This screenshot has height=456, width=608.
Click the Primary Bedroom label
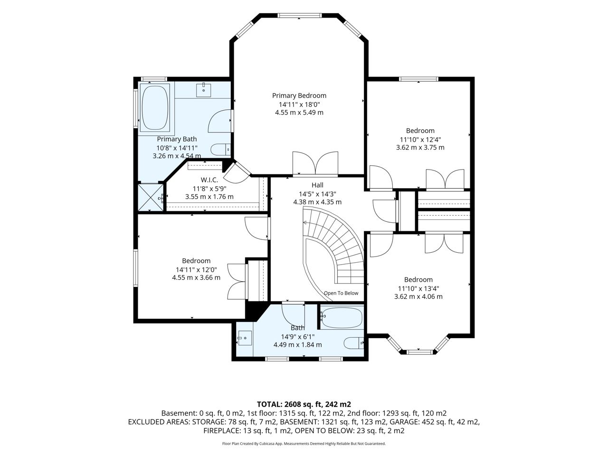pyautogui.click(x=299, y=95)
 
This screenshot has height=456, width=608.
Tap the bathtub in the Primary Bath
pyautogui.click(x=155, y=107)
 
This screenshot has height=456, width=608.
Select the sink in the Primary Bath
pyautogui.click(x=204, y=89)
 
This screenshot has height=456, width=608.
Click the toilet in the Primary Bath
pyautogui.click(x=220, y=150)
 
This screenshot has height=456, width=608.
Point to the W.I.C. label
pyautogui.click(x=209, y=180)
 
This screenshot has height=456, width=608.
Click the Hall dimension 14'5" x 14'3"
pyautogui.click(x=317, y=194)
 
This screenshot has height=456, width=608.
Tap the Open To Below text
pyautogui.click(x=341, y=293)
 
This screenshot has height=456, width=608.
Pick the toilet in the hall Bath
pyautogui.click(x=354, y=343)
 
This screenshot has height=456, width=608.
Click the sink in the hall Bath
pyautogui.click(x=245, y=338)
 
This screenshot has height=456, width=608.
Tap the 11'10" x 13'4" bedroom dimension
pyautogui.click(x=418, y=288)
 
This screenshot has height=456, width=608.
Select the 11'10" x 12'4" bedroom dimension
pyautogui.click(x=420, y=140)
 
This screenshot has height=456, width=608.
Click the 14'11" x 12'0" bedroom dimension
pyautogui.click(x=196, y=269)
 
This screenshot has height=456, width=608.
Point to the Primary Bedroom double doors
pyautogui.click(x=315, y=164)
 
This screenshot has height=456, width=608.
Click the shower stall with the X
pyautogui.click(x=151, y=198)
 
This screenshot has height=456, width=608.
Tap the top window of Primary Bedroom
pyautogui.click(x=299, y=16)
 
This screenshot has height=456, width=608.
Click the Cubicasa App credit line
pyautogui.click(x=304, y=444)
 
